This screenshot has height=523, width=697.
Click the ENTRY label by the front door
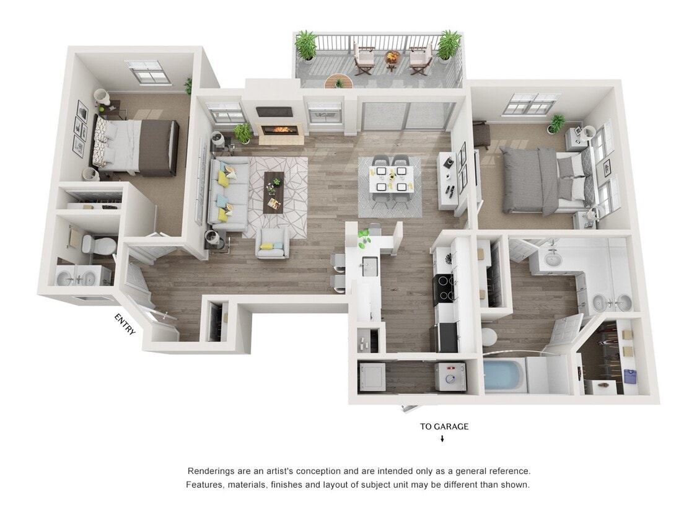125,324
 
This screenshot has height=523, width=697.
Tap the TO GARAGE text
444,426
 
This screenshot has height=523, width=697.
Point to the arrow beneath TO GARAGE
442,439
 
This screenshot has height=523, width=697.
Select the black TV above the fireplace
274,112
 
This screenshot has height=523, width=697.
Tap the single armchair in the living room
273,244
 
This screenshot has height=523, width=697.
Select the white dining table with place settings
390,179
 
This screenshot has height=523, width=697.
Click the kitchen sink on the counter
369,265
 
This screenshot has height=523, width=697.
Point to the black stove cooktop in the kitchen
444,288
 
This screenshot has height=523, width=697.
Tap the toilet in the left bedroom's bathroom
99,245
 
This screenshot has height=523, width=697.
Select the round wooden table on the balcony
338,81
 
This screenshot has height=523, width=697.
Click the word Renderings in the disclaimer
211,471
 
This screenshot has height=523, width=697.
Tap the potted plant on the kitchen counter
364,236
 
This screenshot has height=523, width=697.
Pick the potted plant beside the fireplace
243,132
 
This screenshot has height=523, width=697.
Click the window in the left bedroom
147,72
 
